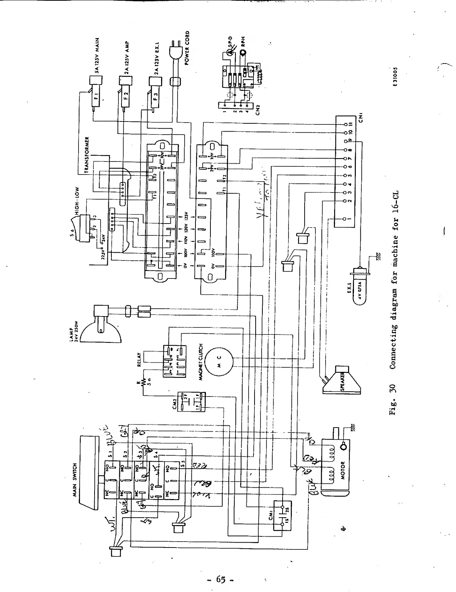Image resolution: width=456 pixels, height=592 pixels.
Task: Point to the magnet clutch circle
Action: click(219, 361)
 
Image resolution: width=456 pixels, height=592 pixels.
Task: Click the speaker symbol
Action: click(342, 380)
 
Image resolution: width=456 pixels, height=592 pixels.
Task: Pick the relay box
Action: click(174, 361)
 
